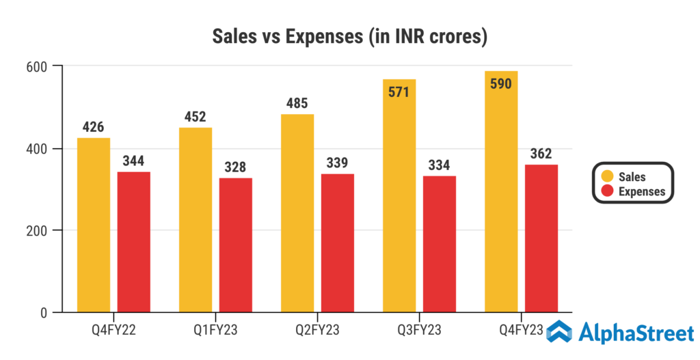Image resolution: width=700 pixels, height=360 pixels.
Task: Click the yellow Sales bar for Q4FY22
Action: coord(94,225)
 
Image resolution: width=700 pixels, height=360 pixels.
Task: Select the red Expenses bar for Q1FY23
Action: coord(236,245)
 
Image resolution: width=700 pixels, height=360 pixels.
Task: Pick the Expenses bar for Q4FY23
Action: coord(541,238)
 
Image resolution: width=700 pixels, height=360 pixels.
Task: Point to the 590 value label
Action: coord(500,83)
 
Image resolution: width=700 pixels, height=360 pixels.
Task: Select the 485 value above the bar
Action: coord(297,104)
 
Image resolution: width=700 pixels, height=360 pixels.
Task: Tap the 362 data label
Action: coord(540,154)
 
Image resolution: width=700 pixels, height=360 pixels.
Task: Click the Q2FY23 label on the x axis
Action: coord(317,331)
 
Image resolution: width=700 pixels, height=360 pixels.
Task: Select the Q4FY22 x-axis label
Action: coord(113,331)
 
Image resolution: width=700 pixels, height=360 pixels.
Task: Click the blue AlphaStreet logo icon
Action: coord(560,333)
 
